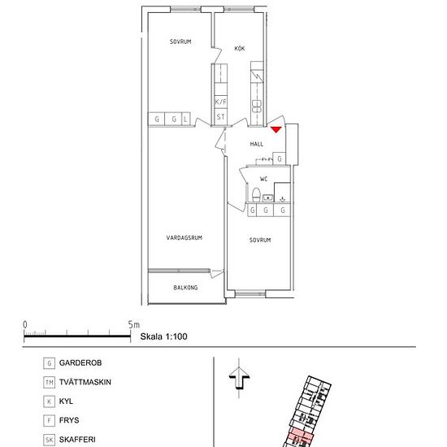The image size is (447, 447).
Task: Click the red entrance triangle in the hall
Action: click(x=276, y=129)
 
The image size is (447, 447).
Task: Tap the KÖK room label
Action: click(x=240, y=49)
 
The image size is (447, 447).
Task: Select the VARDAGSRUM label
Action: click(x=184, y=237)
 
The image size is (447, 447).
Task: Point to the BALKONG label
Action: click(x=185, y=288)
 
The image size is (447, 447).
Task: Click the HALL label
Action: click(x=257, y=144)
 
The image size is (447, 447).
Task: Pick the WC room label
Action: click(x=263, y=179)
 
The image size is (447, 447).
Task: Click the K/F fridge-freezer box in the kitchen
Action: click(x=220, y=102)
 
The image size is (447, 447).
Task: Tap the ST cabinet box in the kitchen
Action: click(x=220, y=116)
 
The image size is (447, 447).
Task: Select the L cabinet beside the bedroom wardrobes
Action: click(x=186, y=119)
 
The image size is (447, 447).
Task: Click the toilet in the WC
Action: click(x=256, y=194)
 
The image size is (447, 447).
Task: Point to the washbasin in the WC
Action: click(x=267, y=197)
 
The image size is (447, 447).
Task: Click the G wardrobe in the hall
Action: click(x=280, y=158)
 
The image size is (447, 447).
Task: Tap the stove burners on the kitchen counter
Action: click(x=257, y=106)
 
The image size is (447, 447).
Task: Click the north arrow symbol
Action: click(x=239, y=378)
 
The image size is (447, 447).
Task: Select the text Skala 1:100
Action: click(x=163, y=336)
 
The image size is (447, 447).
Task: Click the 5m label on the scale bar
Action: click(x=134, y=325)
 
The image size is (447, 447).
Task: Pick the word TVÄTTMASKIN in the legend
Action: click(x=85, y=382)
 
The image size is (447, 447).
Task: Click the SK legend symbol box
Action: click(x=49, y=440)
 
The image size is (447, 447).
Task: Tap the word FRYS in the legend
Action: click(x=69, y=420)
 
